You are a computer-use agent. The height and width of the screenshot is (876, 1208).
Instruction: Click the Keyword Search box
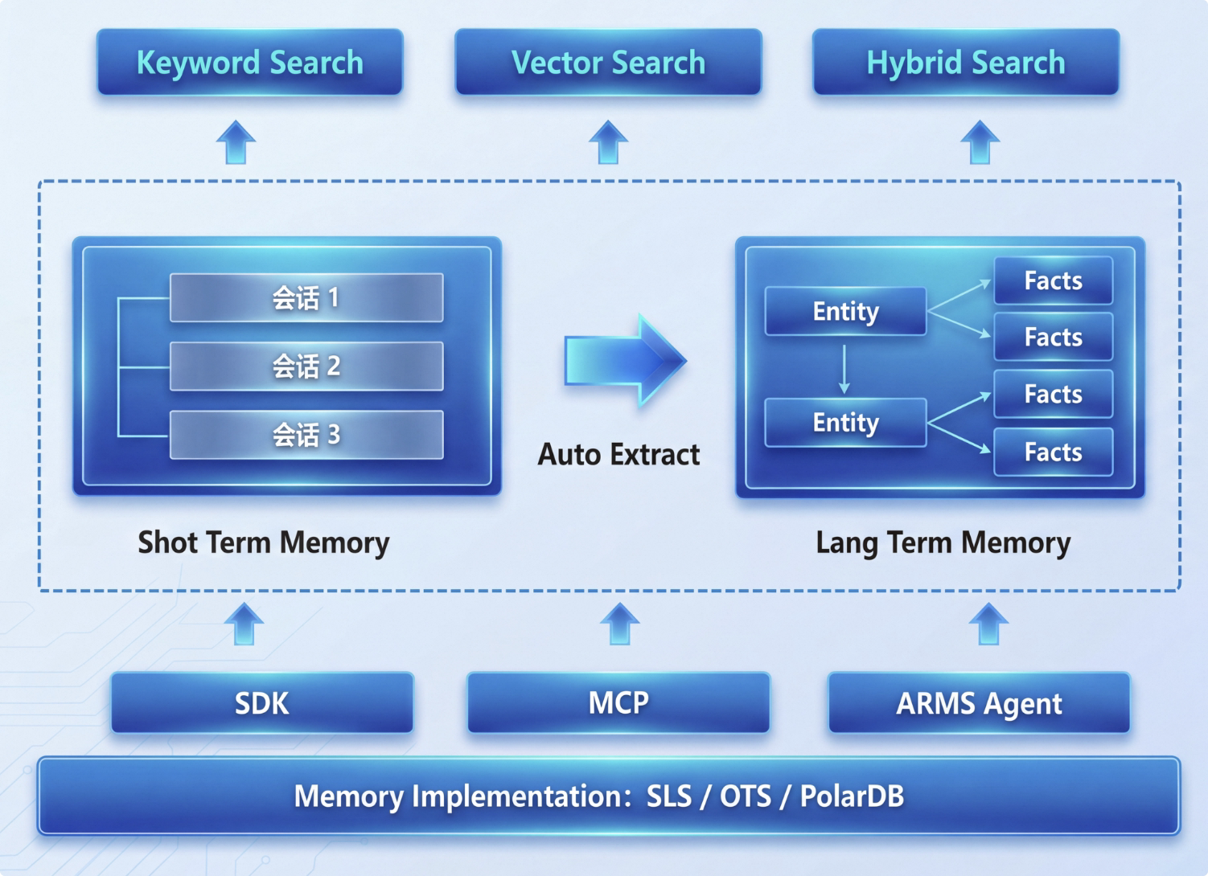[249, 63]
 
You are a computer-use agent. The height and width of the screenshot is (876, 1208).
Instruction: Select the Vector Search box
[608, 63]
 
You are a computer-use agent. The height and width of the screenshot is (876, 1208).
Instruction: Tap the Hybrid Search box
[965, 63]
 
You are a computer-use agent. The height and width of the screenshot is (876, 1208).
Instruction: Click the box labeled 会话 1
[306, 298]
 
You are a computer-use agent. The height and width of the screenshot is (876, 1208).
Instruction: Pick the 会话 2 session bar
[306, 366]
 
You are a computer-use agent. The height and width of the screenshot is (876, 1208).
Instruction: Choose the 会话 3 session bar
[306, 435]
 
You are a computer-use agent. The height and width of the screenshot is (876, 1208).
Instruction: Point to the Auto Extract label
[618, 455]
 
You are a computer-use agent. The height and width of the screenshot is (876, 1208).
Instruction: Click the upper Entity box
[845, 311]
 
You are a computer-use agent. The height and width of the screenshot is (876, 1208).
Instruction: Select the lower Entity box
[845, 423]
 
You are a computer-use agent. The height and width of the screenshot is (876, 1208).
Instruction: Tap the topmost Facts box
[1053, 280]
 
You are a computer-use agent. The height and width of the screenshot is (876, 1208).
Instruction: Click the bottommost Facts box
[1053, 452]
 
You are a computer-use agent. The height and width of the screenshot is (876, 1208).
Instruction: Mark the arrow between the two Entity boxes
[844, 368]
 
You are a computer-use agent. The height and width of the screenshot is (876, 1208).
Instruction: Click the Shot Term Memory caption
[263, 542]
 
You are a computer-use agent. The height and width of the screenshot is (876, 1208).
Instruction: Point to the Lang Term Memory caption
[943, 542]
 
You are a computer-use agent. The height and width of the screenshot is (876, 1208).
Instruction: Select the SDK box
[262, 703]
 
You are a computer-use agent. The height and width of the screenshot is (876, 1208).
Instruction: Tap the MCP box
[618, 703]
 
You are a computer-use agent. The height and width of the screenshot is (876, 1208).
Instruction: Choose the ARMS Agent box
[979, 703]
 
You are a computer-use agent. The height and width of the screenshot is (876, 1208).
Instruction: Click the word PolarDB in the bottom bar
[852, 796]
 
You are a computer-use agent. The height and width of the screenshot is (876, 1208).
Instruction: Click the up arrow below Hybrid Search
[980, 142]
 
